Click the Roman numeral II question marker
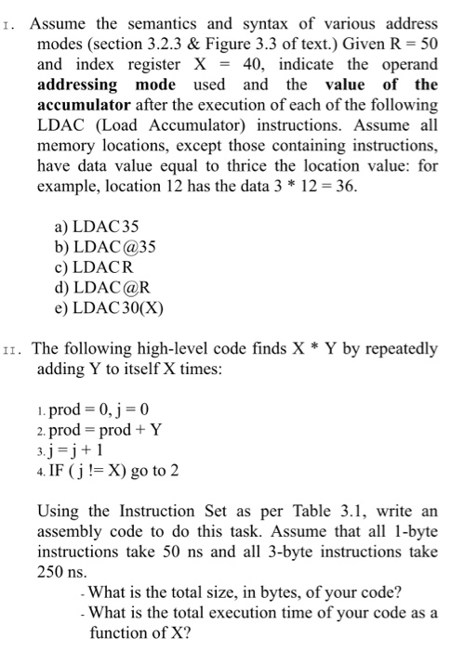pyautogui.click(x=13, y=350)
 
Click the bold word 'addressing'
pyautogui.click(x=77, y=84)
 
